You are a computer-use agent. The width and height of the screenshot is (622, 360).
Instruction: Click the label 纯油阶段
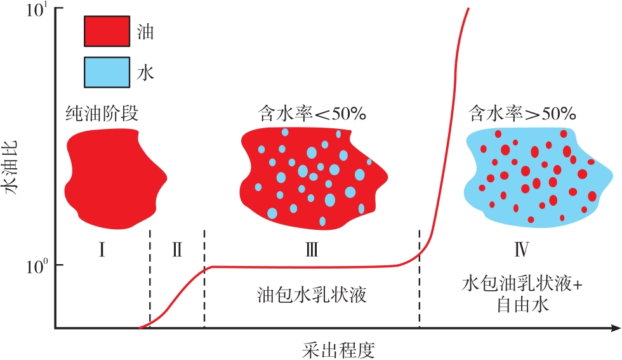102,114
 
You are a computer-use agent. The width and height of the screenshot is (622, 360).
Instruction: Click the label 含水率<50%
312,114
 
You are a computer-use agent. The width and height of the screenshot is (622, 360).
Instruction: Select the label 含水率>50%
522,114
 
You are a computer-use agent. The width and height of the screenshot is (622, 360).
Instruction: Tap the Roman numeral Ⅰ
102,249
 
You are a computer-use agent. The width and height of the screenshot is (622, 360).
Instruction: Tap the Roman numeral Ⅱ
177,249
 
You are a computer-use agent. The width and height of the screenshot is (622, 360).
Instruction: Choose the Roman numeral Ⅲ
311,249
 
